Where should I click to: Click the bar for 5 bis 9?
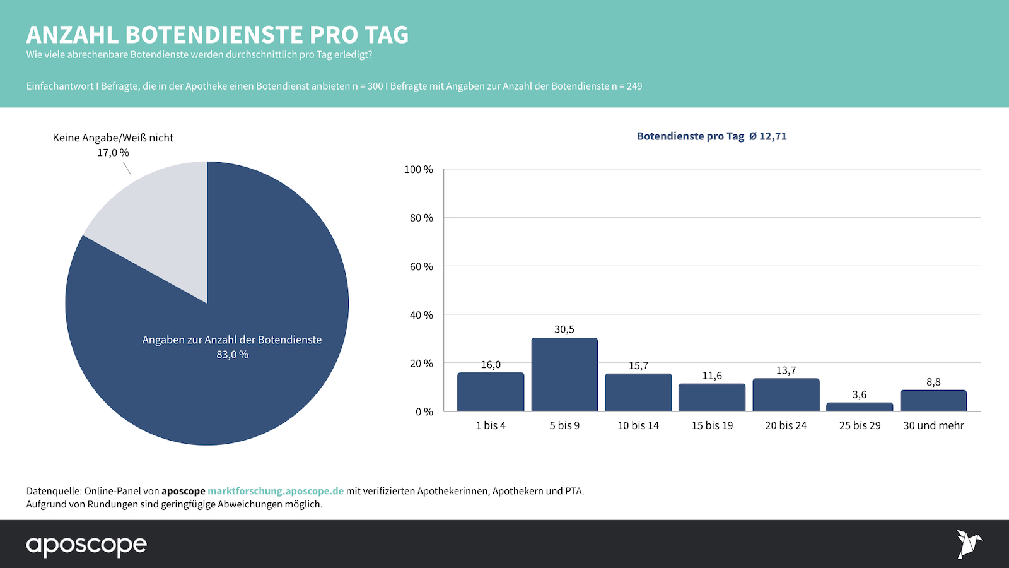564,375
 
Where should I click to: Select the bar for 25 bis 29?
860,407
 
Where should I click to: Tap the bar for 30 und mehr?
933,401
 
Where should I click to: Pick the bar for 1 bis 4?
491,392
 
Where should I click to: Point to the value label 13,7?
786,370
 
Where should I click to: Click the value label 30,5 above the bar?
564,329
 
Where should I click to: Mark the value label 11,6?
712,376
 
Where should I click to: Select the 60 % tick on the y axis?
421,267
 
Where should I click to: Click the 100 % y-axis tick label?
419,170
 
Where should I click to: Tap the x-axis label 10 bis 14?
638,425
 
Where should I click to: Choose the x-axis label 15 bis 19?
712,425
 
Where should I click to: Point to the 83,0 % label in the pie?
232,355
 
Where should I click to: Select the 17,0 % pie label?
113,153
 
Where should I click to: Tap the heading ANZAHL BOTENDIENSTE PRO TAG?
218,35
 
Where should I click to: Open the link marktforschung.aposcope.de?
276,491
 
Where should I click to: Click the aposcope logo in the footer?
86,545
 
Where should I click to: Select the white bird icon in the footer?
968,544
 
